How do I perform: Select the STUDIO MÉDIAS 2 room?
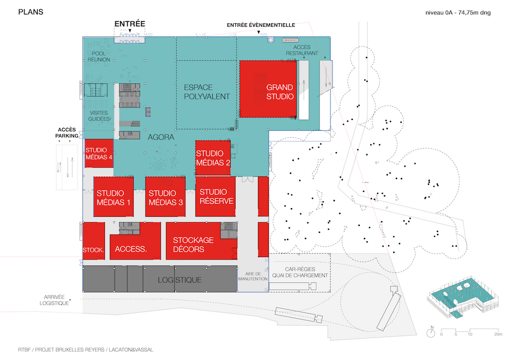[x=213, y=157]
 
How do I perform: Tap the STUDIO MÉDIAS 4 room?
[x=99, y=153]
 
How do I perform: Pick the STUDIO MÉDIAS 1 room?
[x=114, y=197]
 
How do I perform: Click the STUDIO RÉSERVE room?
[x=215, y=196]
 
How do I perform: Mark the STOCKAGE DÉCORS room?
[x=193, y=245]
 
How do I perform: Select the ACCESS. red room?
[x=131, y=249]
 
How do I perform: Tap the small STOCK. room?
[x=93, y=250]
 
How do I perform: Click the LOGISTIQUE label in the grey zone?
[x=180, y=280]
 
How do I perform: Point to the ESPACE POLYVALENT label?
[x=207, y=91]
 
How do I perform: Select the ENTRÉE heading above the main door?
[x=130, y=23]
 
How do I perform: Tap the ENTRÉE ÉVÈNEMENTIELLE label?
[x=261, y=25]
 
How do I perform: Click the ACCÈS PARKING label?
[x=67, y=132]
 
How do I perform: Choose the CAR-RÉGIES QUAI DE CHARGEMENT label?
[x=299, y=271]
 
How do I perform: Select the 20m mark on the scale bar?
[x=498, y=334]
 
